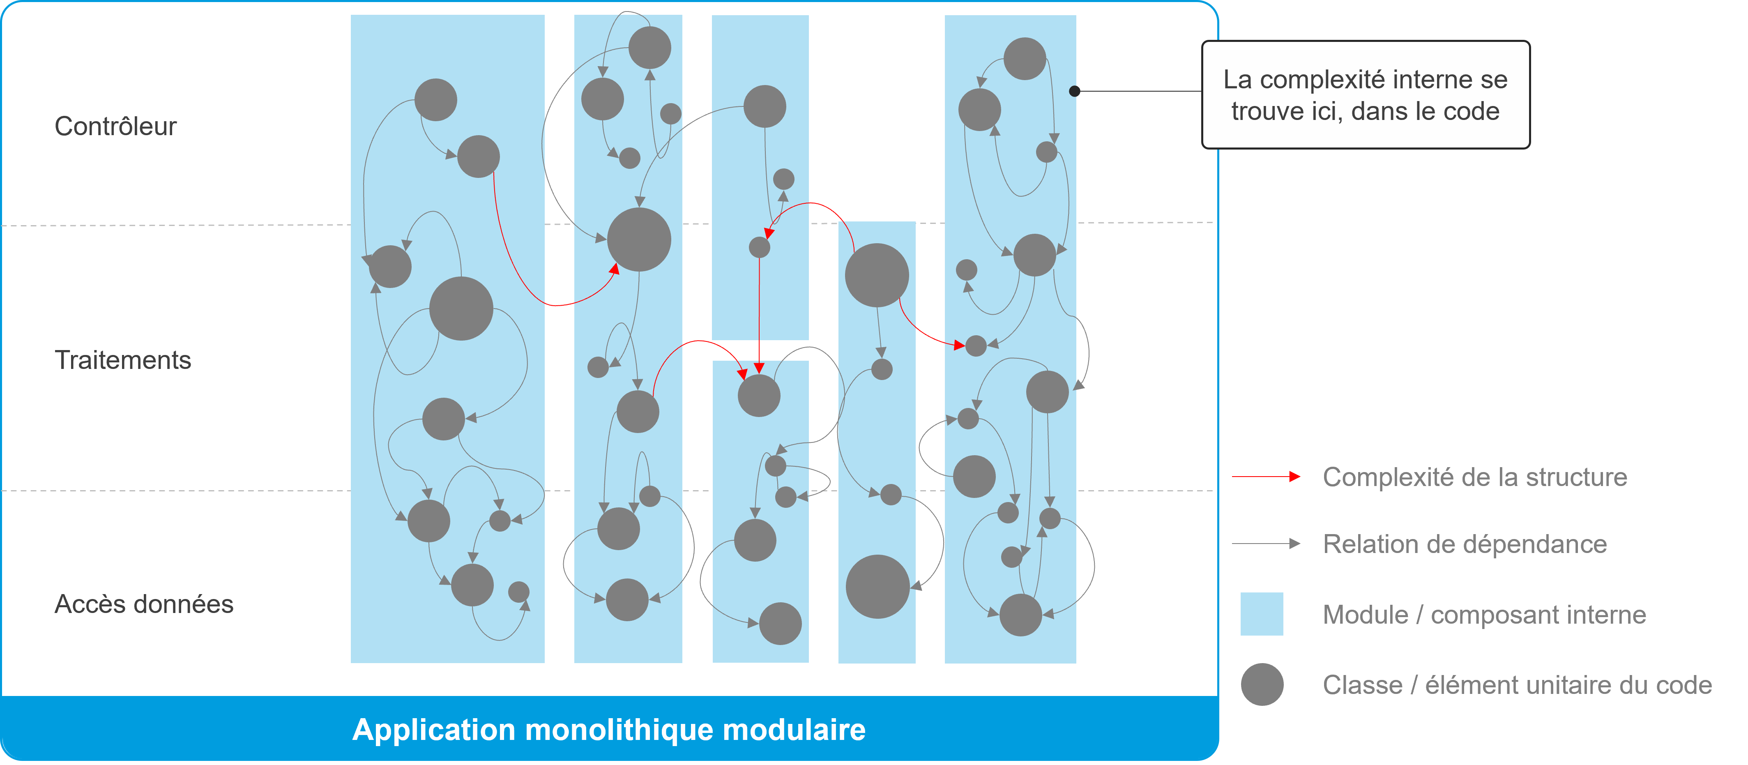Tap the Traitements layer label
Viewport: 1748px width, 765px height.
coord(123,360)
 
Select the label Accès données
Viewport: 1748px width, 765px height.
coord(144,604)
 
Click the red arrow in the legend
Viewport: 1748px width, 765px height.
coord(1266,477)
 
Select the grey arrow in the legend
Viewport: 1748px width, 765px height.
coord(1266,544)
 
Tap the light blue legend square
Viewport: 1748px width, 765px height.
coord(1262,614)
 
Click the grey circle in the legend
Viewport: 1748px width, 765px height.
coord(1262,685)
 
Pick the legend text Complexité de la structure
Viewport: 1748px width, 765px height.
coord(1474,477)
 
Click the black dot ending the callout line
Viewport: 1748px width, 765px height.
coord(1074,91)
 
